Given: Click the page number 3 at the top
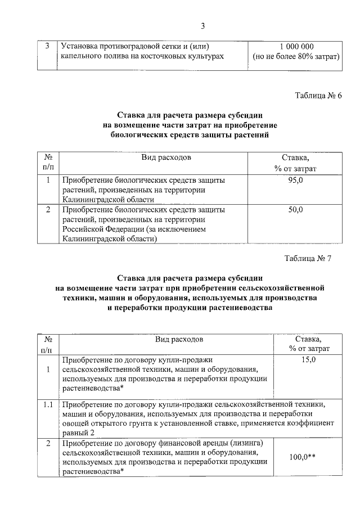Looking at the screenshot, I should (x=203, y=25).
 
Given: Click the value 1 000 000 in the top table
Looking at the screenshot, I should (x=296, y=46).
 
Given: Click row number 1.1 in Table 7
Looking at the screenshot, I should (x=48, y=404).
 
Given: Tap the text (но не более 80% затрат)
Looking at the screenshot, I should (x=296, y=57).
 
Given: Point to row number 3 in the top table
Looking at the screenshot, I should (x=47, y=46).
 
